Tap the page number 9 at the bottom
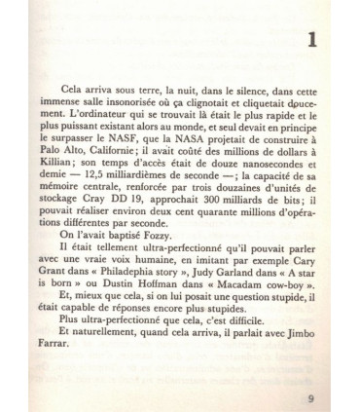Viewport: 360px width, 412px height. [308, 370]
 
